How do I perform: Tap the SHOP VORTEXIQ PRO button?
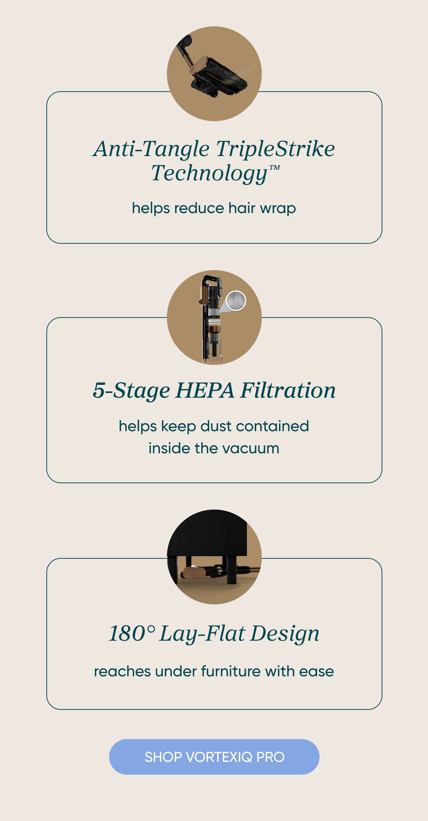point(214,757)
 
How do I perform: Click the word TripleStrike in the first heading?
point(275,149)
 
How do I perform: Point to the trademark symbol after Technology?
point(274,167)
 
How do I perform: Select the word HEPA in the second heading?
point(205,390)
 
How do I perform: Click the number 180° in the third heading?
point(132,633)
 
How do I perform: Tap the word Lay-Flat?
point(202,634)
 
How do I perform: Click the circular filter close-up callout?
point(236,300)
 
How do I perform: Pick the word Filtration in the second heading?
point(288,390)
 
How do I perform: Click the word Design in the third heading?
point(284,634)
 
